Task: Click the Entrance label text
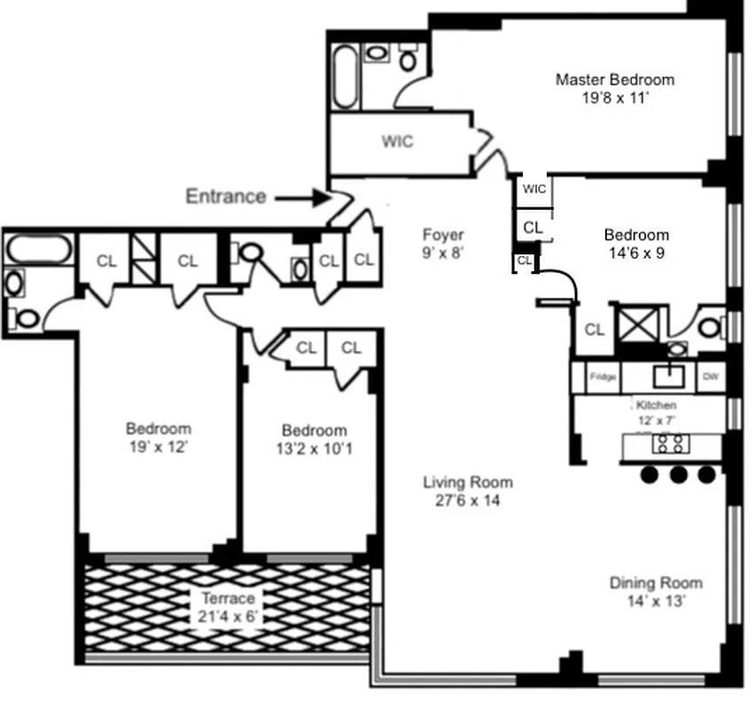(x=225, y=196)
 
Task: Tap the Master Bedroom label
(x=614, y=80)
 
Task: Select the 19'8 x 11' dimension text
(x=615, y=98)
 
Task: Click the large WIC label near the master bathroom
(x=397, y=142)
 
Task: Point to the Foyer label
(x=442, y=235)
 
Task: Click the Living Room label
(x=467, y=483)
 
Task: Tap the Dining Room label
(x=655, y=583)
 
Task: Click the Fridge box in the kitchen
(x=603, y=378)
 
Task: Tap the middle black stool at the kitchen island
(x=679, y=475)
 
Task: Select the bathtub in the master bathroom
(x=346, y=77)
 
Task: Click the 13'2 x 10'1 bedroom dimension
(x=314, y=448)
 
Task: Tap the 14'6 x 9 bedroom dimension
(x=635, y=253)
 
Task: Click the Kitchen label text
(x=657, y=404)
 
